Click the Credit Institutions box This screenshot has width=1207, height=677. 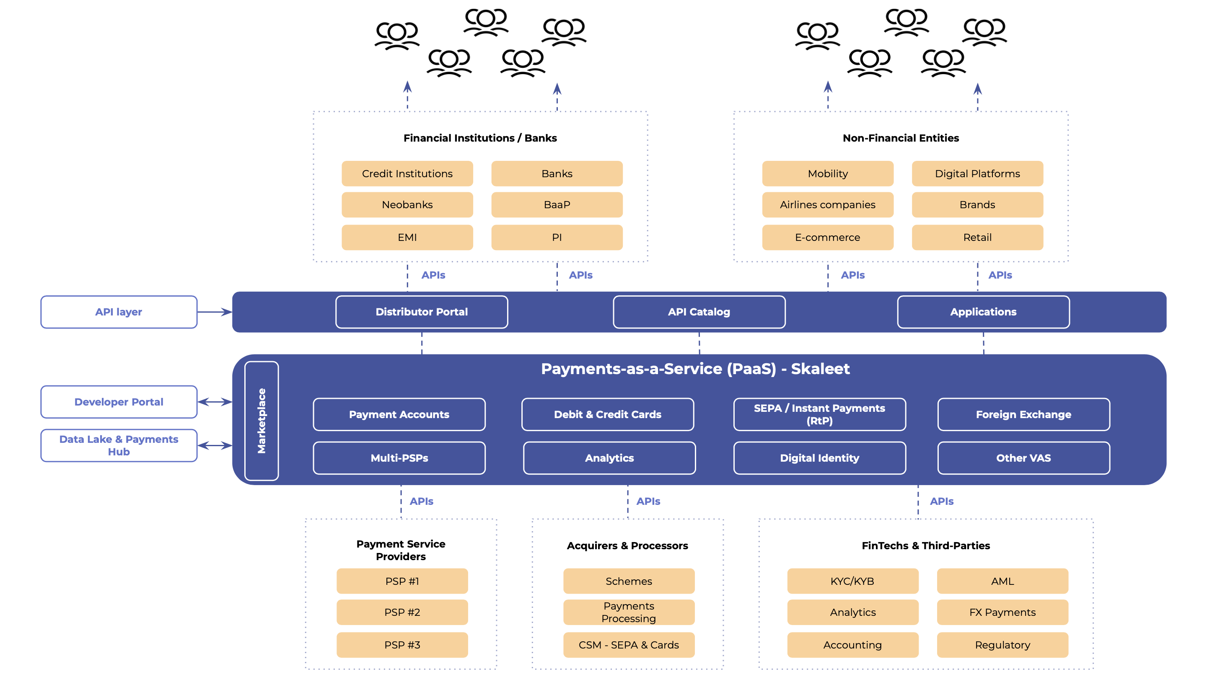[x=407, y=173]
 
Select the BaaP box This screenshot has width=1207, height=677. [x=557, y=205]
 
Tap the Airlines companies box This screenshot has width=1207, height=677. [x=827, y=205]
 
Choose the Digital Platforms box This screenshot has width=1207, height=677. [x=977, y=173]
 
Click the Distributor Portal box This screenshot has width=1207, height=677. [x=421, y=312]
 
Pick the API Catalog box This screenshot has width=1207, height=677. [x=699, y=312]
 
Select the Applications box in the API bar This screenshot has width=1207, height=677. [x=983, y=312]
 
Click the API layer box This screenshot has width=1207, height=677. [x=119, y=312]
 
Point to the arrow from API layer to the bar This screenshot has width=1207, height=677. [x=215, y=312]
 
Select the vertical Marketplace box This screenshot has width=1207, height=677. [x=262, y=420]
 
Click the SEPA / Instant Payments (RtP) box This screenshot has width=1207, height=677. [x=819, y=414]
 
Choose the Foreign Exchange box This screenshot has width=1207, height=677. [x=1023, y=414]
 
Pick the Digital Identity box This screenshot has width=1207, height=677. [x=819, y=458]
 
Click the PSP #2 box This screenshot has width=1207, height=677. [x=402, y=612]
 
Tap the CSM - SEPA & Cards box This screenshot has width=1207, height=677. [x=628, y=645]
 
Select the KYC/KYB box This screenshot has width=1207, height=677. [x=852, y=581]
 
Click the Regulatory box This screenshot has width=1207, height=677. [x=1002, y=645]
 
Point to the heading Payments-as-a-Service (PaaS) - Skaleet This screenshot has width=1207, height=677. [x=695, y=369]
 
